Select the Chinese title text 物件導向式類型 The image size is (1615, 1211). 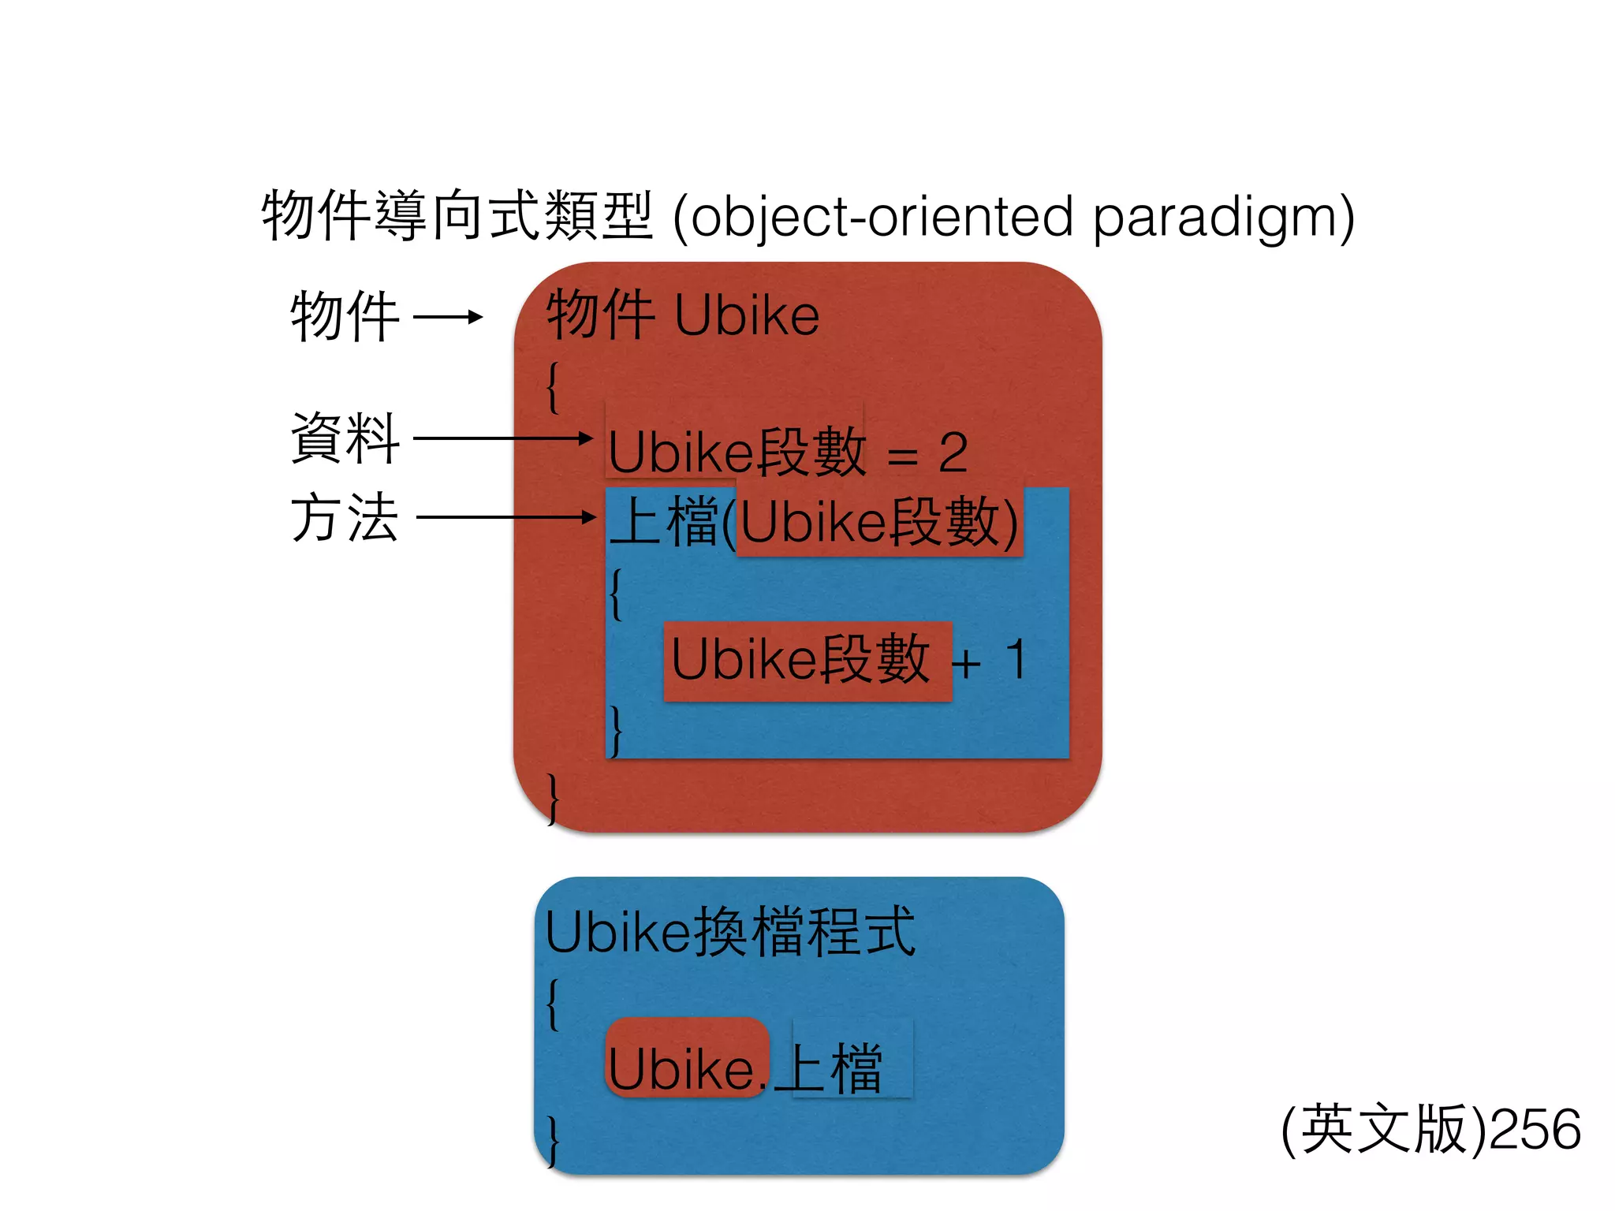pyautogui.click(x=457, y=215)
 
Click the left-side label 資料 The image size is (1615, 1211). pyautogui.click(x=345, y=438)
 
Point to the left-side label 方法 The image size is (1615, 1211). pyautogui.click(x=345, y=517)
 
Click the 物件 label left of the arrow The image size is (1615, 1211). pyautogui.click(x=345, y=316)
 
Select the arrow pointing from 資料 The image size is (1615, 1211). pyautogui.click(x=503, y=438)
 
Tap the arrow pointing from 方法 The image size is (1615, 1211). pyautogui.click(x=505, y=517)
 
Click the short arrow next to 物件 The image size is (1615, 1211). pyautogui.click(x=447, y=317)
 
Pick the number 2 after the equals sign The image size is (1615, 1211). pyautogui.click(x=953, y=453)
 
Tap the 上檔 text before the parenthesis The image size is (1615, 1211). pyautogui.click(x=664, y=522)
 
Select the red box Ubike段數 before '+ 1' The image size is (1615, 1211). pyautogui.click(x=807, y=661)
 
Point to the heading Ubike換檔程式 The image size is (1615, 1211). pyautogui.click(x=730, y=932)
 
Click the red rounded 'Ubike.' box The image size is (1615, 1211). pyautogui.click(x=686, y=1058)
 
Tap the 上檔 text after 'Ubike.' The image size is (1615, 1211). pyautogui.click(x=835, y=1068)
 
